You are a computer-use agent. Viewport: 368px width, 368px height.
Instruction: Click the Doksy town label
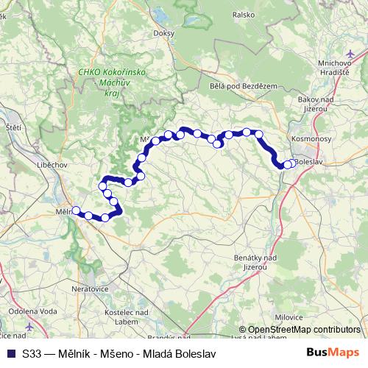tap(163, 33)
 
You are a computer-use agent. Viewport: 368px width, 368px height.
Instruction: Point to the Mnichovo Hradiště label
tap(339, 68)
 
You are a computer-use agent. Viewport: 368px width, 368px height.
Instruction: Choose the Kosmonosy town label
tap(312, 138)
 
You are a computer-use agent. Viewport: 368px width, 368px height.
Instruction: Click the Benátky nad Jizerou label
tap(255, 262)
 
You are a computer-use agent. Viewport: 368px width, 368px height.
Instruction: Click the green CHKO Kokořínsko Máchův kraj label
tap(111, 82)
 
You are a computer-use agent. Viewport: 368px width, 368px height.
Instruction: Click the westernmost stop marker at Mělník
tap(76, 210)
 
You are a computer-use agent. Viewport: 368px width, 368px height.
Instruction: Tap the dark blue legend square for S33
tap(11, 353)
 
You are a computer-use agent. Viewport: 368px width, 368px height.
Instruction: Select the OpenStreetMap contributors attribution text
tap(304, 330)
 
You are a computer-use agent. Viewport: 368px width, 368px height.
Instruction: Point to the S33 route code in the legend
tap(32, 353)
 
